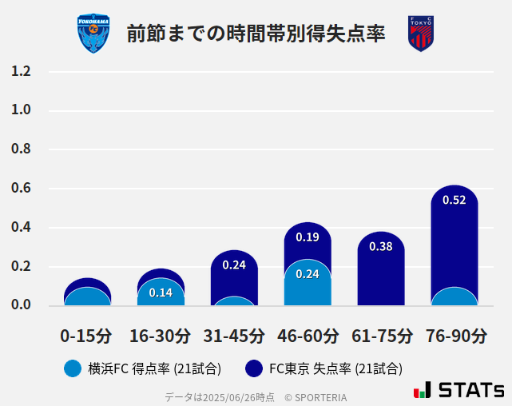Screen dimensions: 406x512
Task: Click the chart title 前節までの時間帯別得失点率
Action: [x=256, y=34]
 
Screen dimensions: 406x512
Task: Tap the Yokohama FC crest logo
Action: [x=93, y=34]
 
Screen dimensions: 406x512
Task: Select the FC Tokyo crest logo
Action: [x=420, y=34]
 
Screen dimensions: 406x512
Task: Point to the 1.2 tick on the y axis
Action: [x=21, y=71]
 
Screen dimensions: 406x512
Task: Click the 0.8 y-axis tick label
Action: [x=21, y=149]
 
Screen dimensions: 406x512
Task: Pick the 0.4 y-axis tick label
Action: [x=21, y=228]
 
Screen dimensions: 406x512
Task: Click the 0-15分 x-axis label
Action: [x=86, y=335]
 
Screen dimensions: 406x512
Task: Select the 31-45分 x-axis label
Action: [x=234, y=335]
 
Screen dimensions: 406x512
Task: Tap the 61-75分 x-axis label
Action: [x=382, y=335]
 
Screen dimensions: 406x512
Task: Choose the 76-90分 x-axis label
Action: [x=455, y=335]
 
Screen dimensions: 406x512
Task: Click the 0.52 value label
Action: [x=454, y=200]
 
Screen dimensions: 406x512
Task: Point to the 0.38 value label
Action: [x=381, y=246]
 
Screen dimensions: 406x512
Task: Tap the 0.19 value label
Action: [x=308, y=237]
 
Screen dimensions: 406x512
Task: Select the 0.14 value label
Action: [x=161, y=293]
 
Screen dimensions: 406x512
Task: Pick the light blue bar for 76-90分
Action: [x=454, y=297]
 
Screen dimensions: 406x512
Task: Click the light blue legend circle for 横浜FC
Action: [x=73, y=368]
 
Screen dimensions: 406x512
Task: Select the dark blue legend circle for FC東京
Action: [x=254, y=368]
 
